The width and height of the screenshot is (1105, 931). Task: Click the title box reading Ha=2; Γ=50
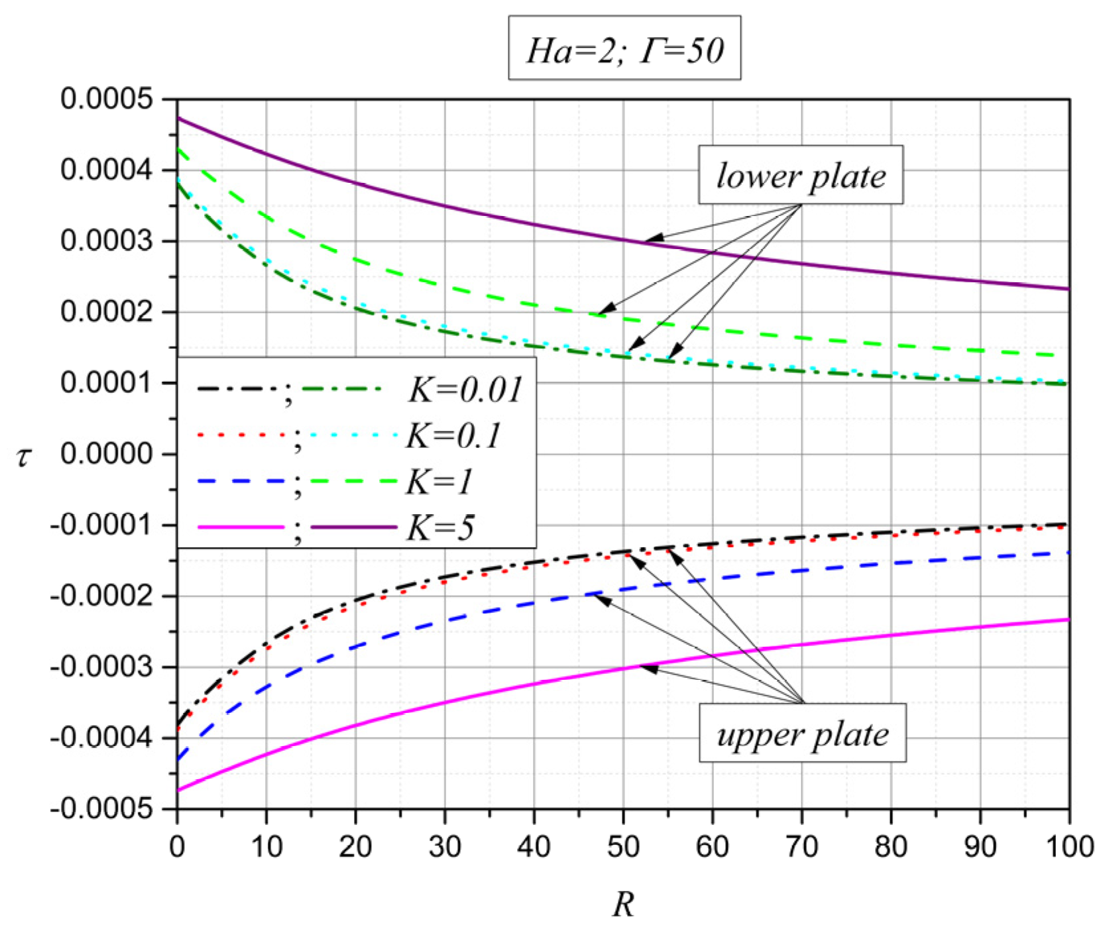coord(624,49)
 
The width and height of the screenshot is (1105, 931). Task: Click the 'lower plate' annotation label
coord(800,175)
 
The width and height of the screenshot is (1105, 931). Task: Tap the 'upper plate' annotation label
coord(802,734)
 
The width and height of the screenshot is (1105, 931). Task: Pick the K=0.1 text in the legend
coord(453,435)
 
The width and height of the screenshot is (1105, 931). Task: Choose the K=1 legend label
coord(439,482)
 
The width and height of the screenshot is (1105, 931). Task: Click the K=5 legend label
coord(440,528)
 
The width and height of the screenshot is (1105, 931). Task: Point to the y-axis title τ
coord(24,456)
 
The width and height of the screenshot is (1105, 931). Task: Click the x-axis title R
coord(623,904)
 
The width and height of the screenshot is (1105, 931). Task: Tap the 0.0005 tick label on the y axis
coord(106,99)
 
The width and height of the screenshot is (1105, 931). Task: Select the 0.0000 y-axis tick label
coord(106,455)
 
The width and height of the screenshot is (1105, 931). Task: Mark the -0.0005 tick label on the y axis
coord(101,809)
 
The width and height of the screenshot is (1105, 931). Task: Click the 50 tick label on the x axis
coord(623,846)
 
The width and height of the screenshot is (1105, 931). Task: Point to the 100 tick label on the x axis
coord(1069,846)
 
